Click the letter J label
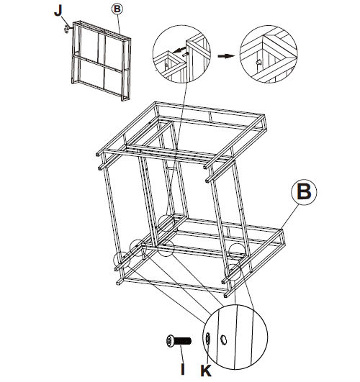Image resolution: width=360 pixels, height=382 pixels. (58, 11)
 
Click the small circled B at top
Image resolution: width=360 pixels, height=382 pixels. (117, 9)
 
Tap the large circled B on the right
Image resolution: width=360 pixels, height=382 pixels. (304, 192)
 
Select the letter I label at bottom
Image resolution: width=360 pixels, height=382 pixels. (183, 369)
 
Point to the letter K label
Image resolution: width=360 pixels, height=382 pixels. (206, 370)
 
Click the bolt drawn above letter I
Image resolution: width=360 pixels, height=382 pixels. (179, 341)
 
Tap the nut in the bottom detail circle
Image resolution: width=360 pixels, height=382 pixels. (208, 339)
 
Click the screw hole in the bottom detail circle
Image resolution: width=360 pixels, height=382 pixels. (224, 340)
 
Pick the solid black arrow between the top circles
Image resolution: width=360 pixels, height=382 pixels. (226, 56)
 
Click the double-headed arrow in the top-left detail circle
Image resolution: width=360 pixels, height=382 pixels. (179, 50)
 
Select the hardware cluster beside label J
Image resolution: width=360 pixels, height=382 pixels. (66, 29)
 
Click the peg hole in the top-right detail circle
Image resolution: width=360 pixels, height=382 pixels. (259, 63)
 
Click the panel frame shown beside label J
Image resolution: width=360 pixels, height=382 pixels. (102, 60)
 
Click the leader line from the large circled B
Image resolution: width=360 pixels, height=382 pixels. (289, 217)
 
